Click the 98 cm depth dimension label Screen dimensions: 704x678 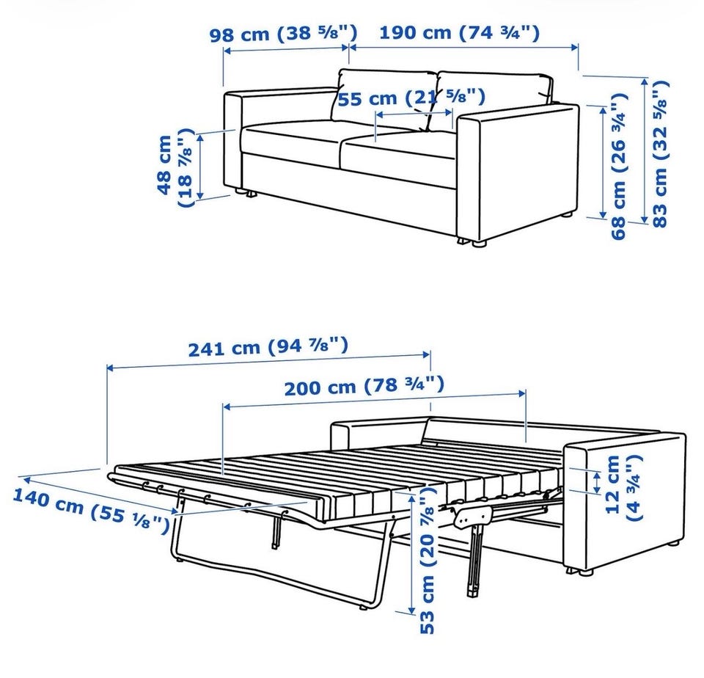[x=284, y=33]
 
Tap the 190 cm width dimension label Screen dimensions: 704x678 [x=459, y=33]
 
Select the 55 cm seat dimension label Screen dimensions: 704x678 [x=411, y=98]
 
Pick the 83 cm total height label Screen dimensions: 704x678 [x=660, y=153]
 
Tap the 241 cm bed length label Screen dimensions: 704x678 [x=268, y=346]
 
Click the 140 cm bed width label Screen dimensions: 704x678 [x=91, y=509]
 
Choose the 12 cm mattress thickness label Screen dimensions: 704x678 [x=623, y=487]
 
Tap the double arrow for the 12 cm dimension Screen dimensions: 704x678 [x=597, y=482]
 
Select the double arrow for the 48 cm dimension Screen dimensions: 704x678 [x=200, y=167]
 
